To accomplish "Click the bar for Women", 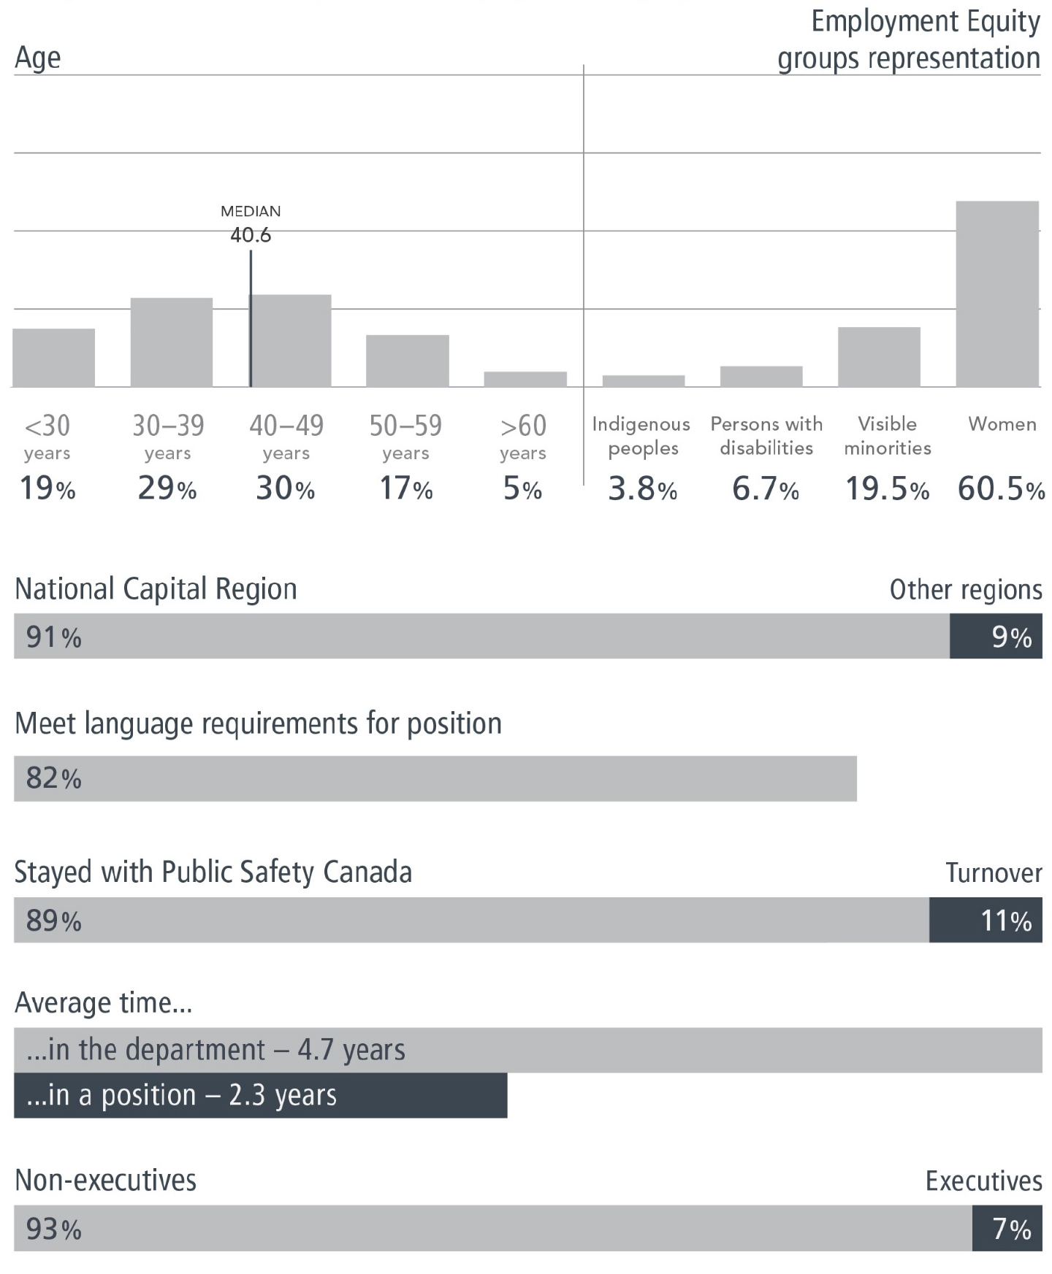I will tap(996, 293).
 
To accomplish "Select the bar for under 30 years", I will tap(53, 357).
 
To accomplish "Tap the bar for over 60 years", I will tap(525, 379).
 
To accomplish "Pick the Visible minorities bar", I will tap(878, 356).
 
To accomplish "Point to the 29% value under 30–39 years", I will tap(167, 488).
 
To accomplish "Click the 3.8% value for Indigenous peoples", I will tap(642, 489).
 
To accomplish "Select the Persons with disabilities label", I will tap(766, 436).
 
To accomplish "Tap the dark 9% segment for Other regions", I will tap(995, 636).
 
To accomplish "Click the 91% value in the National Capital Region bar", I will tap(53, 637).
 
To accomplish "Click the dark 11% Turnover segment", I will tap(985, 920).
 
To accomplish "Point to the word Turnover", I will tap(993, 872).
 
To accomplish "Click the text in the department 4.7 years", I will tap(216, 1050).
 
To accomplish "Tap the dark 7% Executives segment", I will tap(1006, 1228).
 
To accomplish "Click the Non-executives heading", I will tap(106, 1180).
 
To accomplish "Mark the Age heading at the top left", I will tap(37, 58).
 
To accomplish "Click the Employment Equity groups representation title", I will tap(910, 40).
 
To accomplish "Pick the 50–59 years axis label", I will tap(405, 436).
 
